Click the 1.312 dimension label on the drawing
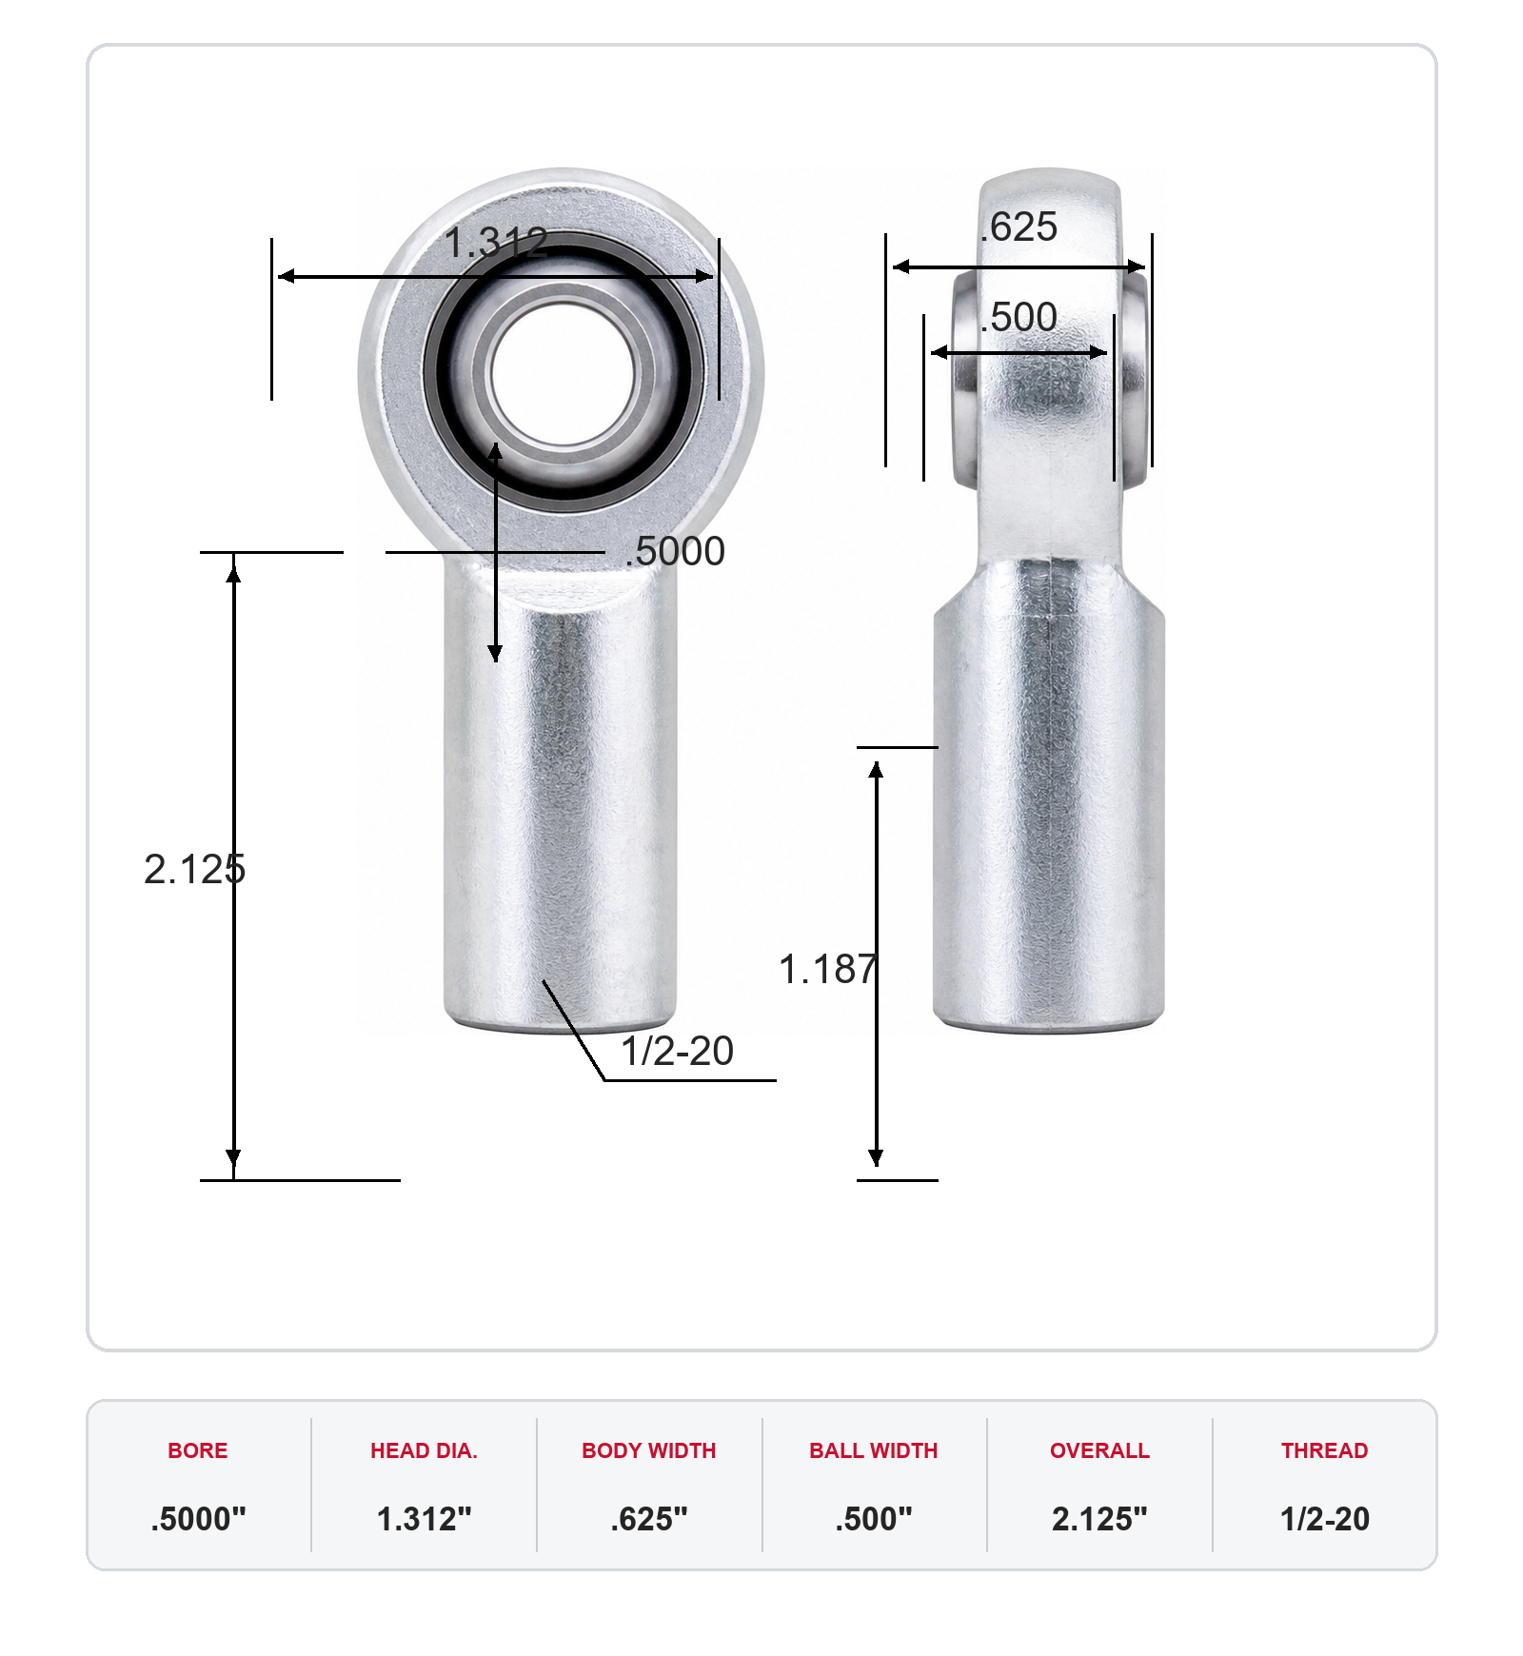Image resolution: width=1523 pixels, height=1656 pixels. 496,243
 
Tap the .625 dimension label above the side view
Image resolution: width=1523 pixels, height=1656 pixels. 1019,227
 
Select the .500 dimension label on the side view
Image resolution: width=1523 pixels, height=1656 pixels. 1019,318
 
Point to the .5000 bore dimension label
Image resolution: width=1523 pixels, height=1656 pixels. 676,552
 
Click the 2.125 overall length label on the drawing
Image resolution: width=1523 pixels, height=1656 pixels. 195,870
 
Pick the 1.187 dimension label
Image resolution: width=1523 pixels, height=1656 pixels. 828,970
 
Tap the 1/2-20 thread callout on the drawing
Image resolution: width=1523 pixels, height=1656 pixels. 678,1052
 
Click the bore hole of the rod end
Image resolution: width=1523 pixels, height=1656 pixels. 564,374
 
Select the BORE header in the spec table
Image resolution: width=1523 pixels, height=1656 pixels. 198,1450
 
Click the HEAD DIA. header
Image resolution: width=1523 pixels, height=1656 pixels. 424,1450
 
